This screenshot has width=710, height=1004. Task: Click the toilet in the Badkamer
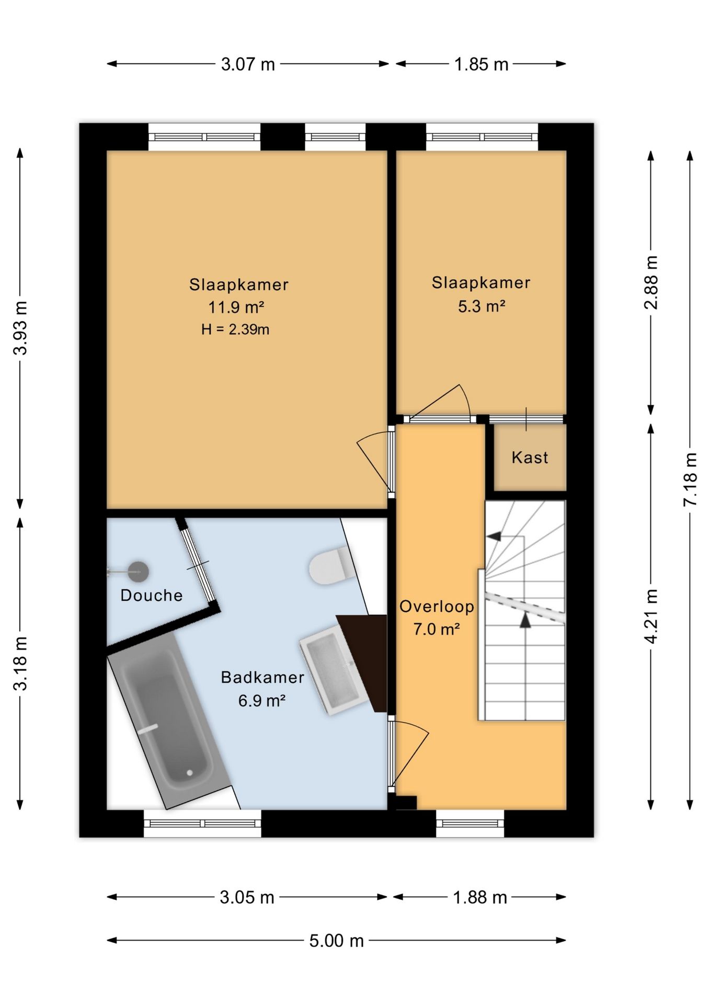[331, 566]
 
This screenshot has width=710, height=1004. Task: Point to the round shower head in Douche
[139, 572]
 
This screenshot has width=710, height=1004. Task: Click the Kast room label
[530, 458]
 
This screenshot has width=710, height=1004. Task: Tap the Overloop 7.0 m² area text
[437, 618]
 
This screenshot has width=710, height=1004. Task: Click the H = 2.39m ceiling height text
[235, 329]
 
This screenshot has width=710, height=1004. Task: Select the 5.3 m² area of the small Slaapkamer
[482, 306]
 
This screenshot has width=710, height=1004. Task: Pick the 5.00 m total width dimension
[336, 941]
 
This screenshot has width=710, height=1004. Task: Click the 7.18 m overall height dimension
[690, 479]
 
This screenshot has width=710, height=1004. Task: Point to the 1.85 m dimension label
[481, 64]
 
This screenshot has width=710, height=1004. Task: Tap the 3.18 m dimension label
[20, 664]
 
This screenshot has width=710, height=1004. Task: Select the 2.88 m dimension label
[651, 282]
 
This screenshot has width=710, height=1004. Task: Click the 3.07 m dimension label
[248, 64]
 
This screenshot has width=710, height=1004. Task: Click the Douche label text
[152, 595]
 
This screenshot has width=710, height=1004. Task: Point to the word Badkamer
[262, 677]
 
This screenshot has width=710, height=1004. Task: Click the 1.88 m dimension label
[480, 897]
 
